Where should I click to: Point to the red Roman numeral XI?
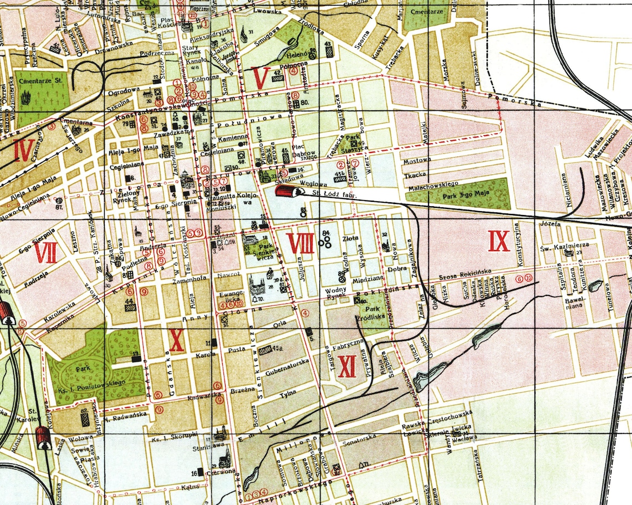(346, 366)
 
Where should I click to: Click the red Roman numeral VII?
(46, 253)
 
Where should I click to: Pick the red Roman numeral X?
(176, 340)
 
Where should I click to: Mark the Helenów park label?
(294, 55)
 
